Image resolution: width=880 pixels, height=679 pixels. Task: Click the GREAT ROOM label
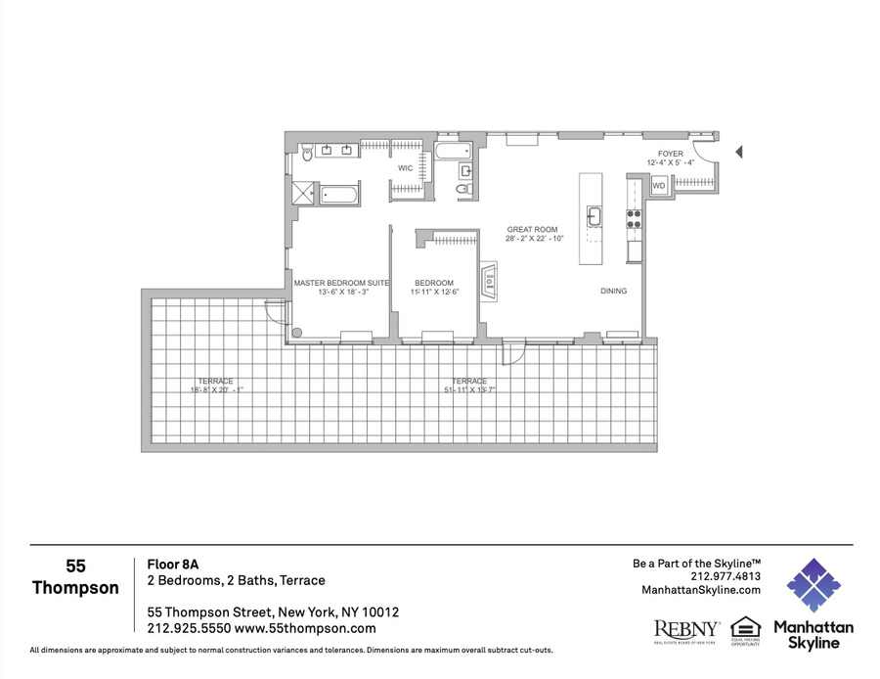pyautogui.click(x=532, y=230)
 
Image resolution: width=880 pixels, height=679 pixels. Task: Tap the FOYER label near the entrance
pyautogui.click(x=671, y=154)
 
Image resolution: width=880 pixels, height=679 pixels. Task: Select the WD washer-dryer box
pyautogui.click(x=659, y=185)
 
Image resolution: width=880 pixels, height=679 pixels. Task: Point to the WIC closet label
pyautogui.click(x=405, y=168)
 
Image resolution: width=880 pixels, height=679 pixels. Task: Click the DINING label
pyautogui.click(x=614, y=292)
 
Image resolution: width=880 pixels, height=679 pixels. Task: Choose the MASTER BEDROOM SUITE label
pyautogui.click(x=341, y=283)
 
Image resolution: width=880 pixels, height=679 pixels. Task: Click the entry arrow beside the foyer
pyautogui.click(x=739, y=152)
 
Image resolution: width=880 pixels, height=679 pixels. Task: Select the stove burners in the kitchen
pyautogui.click(x=634, y=218)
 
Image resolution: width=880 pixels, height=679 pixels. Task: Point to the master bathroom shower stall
pyautogui.click(x=299, y=193)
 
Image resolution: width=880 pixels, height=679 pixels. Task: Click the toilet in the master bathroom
pyautogui.click(x=307, y=152)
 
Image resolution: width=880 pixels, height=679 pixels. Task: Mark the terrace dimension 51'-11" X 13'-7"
pyautogui.click(x=469, y=390)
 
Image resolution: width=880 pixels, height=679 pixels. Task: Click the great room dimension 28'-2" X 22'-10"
pyautogui.click(x=534, y=240)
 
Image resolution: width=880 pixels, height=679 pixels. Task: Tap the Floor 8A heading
pyautogui.click(x=167, y=564)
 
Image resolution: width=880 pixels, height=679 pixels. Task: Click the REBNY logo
pyautogui.click(x=686, y=628)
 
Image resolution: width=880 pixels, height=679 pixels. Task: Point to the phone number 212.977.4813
pyautogui.click(x=724, y=576)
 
